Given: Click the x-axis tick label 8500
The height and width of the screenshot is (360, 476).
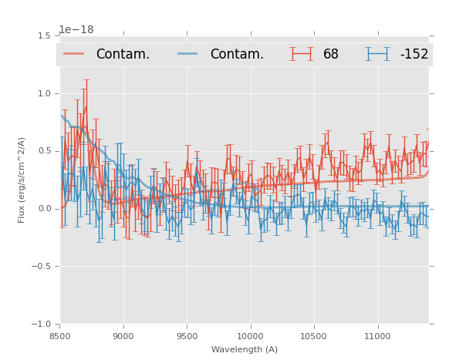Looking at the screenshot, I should tap(60, 336).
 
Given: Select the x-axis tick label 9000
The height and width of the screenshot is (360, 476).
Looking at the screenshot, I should tap(123, 336).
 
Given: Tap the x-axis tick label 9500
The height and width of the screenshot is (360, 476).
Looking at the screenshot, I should tap(187, 336).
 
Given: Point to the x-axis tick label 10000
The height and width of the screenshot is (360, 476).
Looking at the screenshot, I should tap(250, 336).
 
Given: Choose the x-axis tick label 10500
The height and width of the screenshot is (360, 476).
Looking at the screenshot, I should tap(313, 336).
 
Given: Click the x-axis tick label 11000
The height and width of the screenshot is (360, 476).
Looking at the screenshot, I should tap(377, 336).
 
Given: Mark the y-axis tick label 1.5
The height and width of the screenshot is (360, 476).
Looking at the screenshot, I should tap(44, 35).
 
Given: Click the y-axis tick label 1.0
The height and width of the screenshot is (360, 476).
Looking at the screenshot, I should tap(44, 93).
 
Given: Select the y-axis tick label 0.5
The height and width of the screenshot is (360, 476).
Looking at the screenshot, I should tap(44, 151).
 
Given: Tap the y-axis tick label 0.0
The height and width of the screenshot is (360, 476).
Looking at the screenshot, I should tap(44, 209).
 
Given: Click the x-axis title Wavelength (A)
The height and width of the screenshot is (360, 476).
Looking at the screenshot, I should tap(245, 350).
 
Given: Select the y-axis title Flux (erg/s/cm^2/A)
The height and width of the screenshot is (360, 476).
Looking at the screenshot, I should tap(22, 180).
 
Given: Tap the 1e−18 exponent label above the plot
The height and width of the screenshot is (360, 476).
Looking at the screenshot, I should tap(76, 30).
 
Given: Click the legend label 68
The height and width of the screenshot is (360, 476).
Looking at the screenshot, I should tap(331, 55).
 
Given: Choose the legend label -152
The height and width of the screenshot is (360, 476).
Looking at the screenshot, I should tap(414, 55).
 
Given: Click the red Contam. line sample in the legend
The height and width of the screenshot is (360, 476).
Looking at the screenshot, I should tap(74, 54).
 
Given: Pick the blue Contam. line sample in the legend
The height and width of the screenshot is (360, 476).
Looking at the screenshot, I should tap(188, 54).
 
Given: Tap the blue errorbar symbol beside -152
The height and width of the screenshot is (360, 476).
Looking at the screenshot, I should tap(378, 54).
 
